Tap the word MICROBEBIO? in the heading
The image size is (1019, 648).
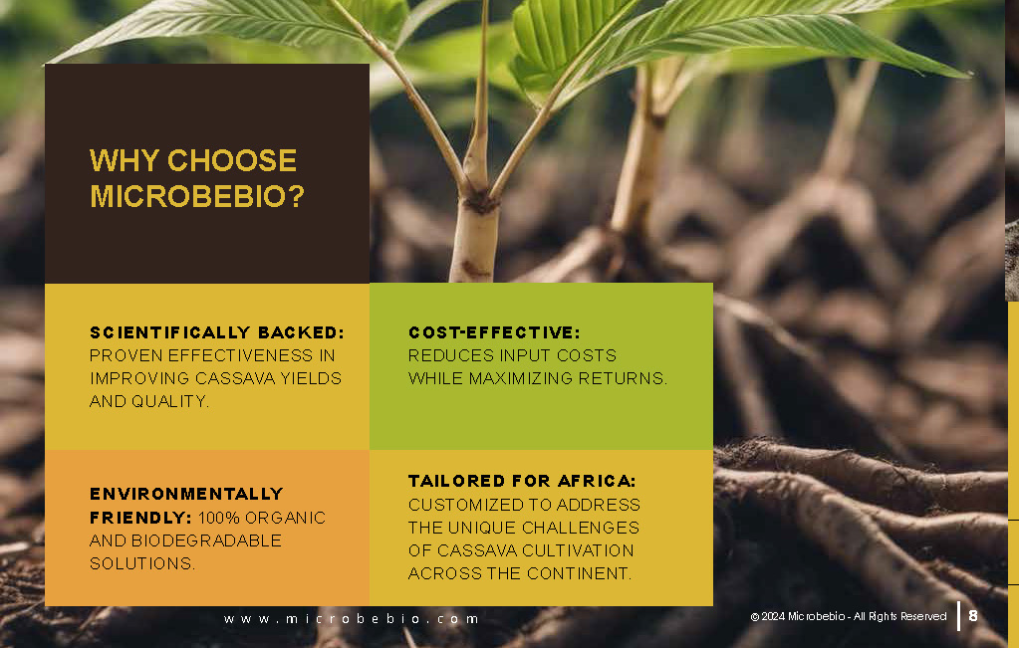pos(197,196)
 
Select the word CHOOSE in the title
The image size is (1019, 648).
pos(232,160)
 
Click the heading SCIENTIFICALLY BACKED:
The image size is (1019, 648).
pos(217,332)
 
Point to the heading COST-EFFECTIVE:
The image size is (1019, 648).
pos(494,332)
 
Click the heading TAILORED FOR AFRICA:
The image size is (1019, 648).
pos(522,481)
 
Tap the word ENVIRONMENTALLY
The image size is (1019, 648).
pos(186,494)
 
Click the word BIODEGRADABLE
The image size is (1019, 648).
pos(206,540)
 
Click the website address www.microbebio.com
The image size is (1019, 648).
pos(351,619)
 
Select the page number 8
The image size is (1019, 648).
pos(973,615)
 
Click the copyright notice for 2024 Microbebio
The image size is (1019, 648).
pos(848,616)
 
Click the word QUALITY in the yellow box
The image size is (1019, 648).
pos(170,401)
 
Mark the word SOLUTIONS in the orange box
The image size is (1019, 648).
pos(142,563)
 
